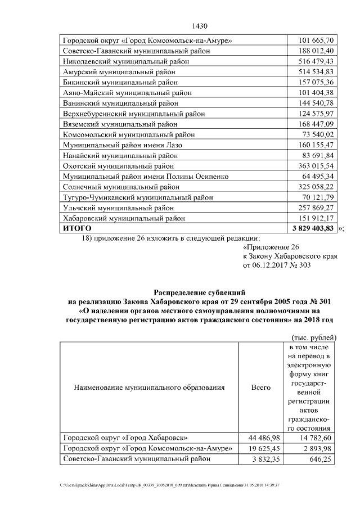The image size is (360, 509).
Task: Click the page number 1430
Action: [200, 26]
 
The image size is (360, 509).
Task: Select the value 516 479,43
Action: [318, 61]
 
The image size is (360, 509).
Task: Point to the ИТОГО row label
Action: [76, 228]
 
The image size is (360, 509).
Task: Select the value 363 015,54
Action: [318, 165]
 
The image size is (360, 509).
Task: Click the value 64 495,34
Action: [321, 176]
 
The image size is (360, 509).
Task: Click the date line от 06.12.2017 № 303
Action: [276, 266]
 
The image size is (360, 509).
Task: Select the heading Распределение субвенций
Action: [200, 292]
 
